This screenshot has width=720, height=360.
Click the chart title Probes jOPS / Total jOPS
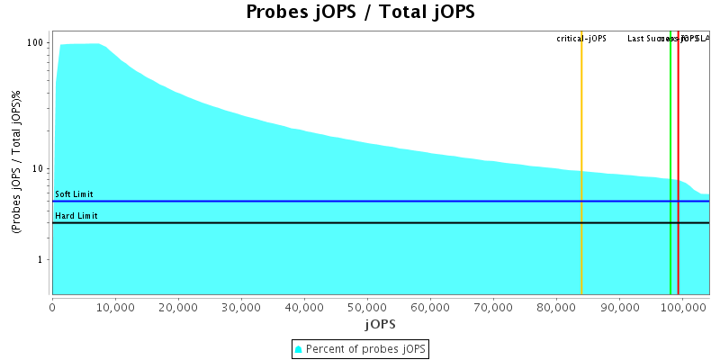(x=360, y=13)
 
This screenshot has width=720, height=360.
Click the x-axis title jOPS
(x=380, y=323)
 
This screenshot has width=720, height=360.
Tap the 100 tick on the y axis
(x=36, y=43)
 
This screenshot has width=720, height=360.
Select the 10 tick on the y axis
(x=39, y=169)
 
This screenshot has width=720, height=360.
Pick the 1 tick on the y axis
(x=41, y=260)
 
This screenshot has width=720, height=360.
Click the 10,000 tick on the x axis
(x=115, y=307)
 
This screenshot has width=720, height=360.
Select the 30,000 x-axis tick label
(x=241, y=307)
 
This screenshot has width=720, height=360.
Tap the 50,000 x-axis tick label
(x=367, y=307)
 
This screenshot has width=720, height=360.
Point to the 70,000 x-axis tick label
(x=493, y=307)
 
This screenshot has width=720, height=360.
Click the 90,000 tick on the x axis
(x=618, y=307)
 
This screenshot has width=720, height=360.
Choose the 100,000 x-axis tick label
(x=681, y=307)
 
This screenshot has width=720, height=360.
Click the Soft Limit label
(x=74, y=194)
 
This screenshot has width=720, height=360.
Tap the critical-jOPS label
(x=581, y=39)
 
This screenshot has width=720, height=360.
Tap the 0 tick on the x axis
(x=52, y=307)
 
